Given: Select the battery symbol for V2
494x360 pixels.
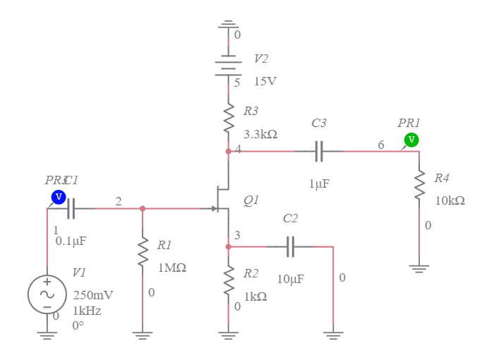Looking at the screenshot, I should (228, 66).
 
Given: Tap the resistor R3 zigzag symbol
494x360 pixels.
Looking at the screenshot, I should (228, 118).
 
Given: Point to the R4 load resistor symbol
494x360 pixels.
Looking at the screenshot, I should (419, 185).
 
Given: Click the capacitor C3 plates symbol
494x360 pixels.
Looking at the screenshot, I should (319, 151).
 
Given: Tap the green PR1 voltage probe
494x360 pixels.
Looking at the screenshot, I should (411, 140).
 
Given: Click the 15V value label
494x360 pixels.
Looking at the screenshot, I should (265, 82).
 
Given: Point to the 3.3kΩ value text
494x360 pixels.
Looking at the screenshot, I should (260, 133).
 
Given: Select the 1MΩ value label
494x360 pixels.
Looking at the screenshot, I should (171, 269).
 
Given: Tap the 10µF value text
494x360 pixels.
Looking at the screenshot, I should (290, 280).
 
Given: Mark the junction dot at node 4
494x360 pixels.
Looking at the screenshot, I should (228, 151).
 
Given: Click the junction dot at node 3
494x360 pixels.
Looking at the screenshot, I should (228, 246).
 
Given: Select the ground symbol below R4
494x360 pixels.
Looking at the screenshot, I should (419, 268).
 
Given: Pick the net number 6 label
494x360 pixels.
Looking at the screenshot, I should (381, 145).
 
